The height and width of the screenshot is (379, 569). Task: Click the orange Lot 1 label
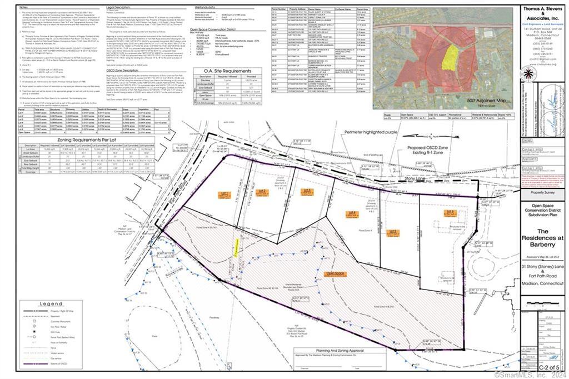[224, 195]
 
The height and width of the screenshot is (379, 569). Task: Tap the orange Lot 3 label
[307, 192]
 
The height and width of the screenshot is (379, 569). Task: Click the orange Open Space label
[335, 273]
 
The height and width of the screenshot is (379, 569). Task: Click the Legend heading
[51, 303]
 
